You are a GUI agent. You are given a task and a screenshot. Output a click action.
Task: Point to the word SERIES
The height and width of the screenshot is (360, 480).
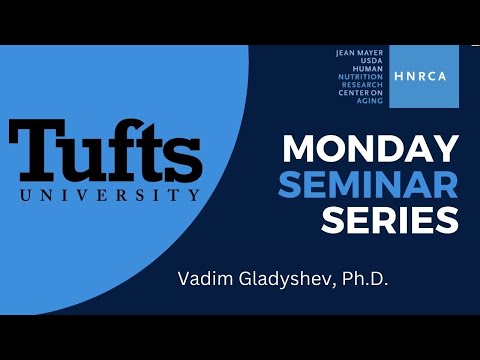coord(390,218)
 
